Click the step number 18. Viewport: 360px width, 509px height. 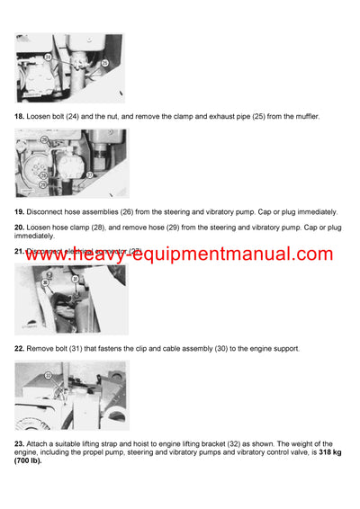19,117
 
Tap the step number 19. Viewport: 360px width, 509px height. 19,211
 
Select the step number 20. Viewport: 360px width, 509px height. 19,228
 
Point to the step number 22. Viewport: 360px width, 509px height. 19,347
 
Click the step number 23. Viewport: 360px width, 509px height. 19,443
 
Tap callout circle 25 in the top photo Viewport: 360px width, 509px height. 104,63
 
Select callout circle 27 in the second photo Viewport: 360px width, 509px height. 89,174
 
